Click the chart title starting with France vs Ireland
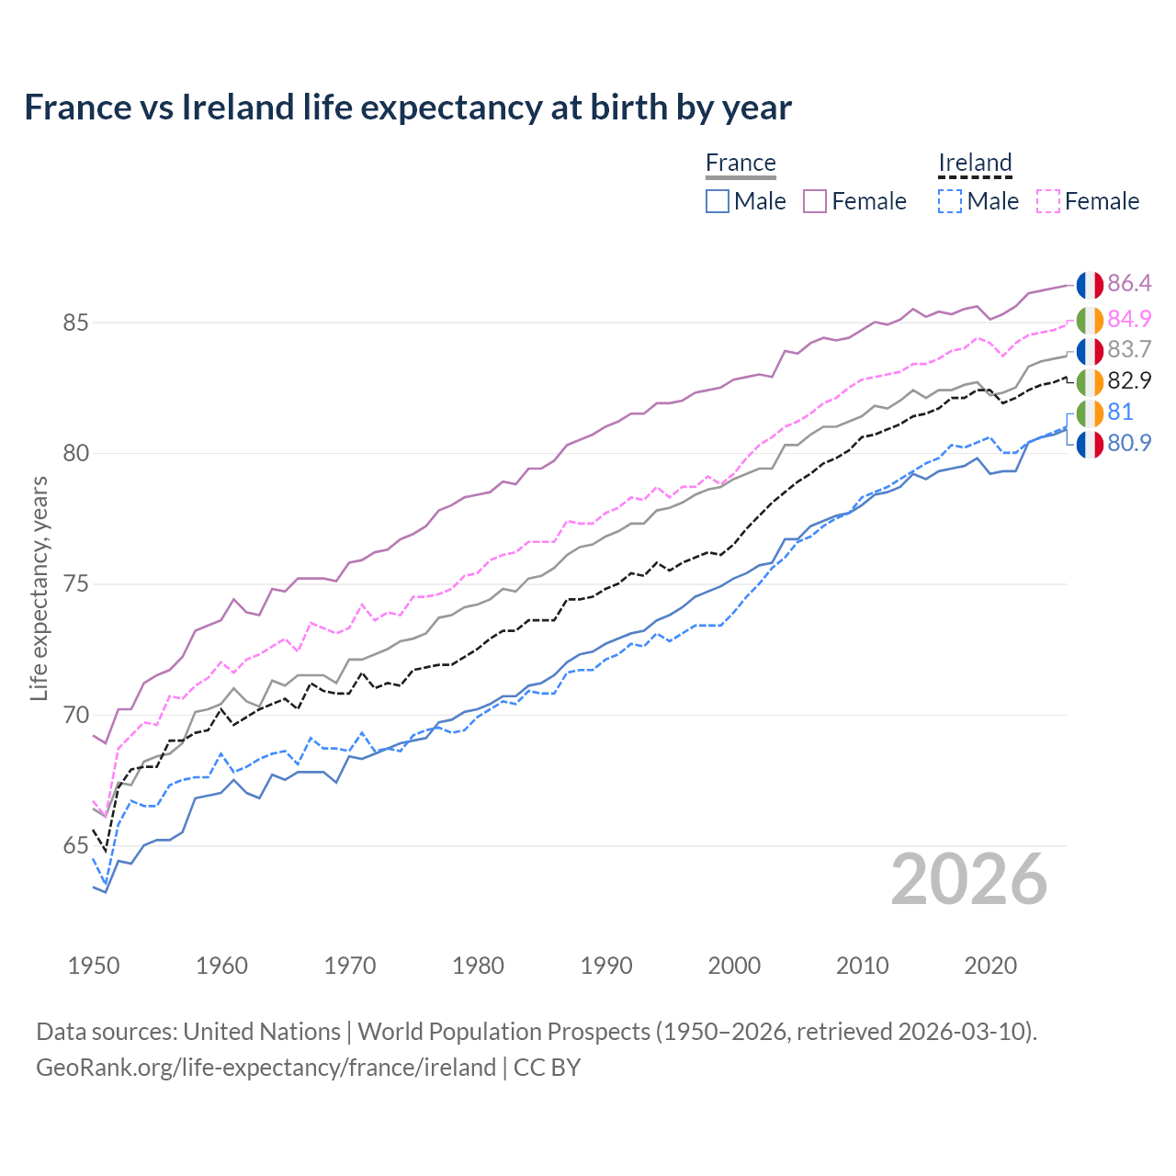[407, 107]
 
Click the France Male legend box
[718, 201]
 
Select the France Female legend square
[815, 201]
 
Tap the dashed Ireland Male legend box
[950, 201]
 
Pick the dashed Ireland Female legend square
[1048, 201]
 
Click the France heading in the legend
[741, 163]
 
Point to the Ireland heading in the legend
[975, 163]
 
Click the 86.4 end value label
[1129, 284]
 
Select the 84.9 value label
[1129, 319]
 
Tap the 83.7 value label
[1129, 350]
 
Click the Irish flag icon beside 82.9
[1090, 381]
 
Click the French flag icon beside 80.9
[1090, 444]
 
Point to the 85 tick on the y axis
[75, 323]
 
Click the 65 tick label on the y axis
[75, 846]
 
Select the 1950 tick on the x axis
[94, 966]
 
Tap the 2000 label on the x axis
[734, 966]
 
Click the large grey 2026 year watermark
[968, 880]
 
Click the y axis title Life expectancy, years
[39, 588]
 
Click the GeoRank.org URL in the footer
[266, 1068]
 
